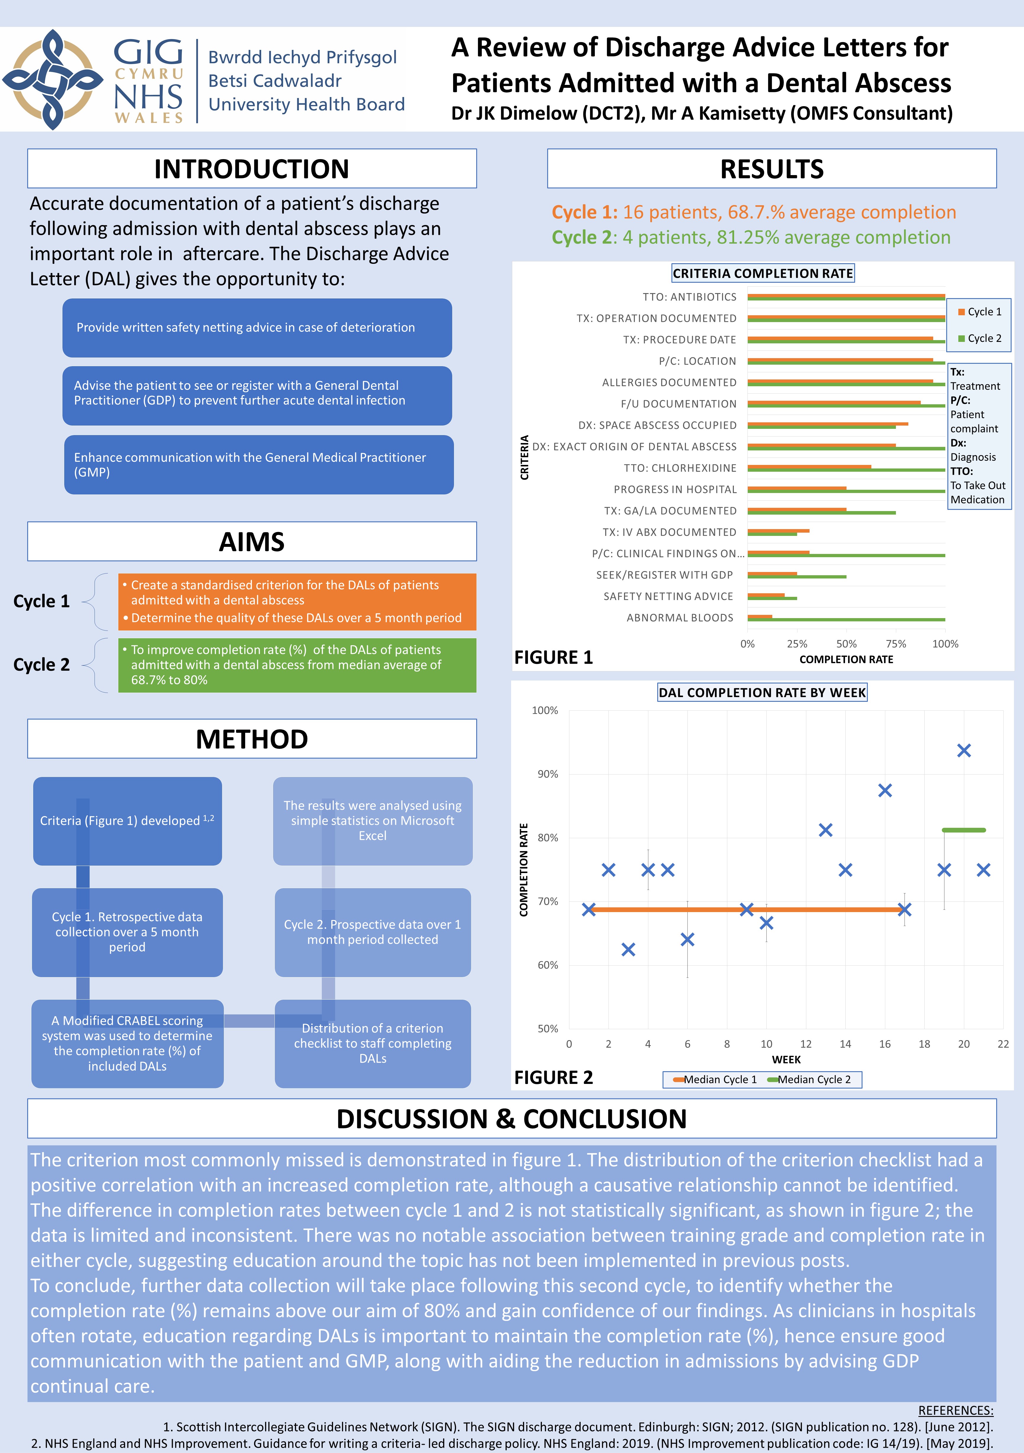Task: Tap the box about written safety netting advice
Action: [257, 328]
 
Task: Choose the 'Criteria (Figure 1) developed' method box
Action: [127, 821]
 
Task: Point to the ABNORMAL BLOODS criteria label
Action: [680, 618]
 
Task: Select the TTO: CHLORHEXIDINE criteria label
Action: [680, 468]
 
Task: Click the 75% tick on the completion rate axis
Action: [896, 644]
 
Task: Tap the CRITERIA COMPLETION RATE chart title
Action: [763, 273]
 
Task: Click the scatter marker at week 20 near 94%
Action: [963, 751]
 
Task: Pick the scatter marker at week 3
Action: [628, 949]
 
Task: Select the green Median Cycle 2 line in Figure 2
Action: [963, 830]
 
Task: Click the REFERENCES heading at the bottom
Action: [955, 1411]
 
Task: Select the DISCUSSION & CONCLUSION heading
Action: [511, 1119]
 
